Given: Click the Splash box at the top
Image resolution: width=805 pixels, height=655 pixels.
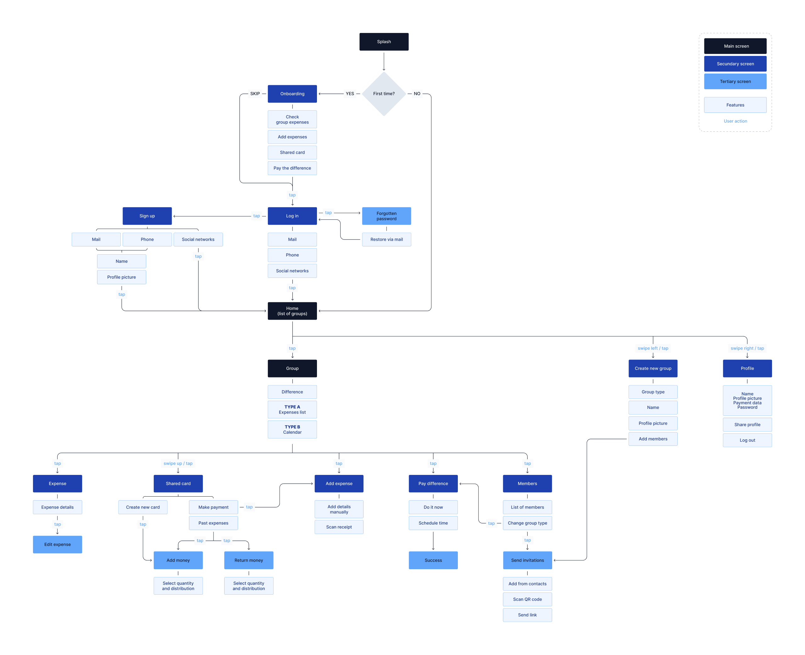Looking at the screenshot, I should [x=384, y=42].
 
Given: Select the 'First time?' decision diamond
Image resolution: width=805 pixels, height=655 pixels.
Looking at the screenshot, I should [x=384, y=94].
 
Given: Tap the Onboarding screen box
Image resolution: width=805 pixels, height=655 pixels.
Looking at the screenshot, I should [x=292, y=94].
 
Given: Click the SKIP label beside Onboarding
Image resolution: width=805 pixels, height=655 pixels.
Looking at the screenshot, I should [x=255, y=94].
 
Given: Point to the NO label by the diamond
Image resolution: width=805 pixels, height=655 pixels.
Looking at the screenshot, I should [x=417, y=94].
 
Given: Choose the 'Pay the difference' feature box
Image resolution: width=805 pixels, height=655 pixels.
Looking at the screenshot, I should [x=292, y=168].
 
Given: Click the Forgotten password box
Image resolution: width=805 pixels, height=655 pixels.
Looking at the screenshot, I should [x=386, y=216].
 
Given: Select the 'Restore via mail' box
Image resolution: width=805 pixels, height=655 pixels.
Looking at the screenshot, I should [x=386, y=239].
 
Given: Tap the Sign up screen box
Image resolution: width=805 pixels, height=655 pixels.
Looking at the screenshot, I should [x=147, y=216].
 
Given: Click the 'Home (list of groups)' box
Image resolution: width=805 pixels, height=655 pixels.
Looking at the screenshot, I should [x=292, y=311].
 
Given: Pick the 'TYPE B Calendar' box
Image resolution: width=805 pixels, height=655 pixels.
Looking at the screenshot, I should [x=292, y=429].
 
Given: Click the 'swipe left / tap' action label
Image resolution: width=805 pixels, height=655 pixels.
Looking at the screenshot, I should [x=652, y=348].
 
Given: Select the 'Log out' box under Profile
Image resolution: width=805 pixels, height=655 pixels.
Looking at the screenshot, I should [x=747, y=440].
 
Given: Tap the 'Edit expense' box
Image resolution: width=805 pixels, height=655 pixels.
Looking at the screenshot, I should [x=57, y=544].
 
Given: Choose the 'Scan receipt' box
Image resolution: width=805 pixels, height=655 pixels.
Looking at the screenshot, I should [x=339, y=527].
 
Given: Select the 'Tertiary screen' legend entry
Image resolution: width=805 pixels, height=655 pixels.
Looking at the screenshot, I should [x=735, y=81].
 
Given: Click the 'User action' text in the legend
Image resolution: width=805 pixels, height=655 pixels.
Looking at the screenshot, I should [x=735, y=121].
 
